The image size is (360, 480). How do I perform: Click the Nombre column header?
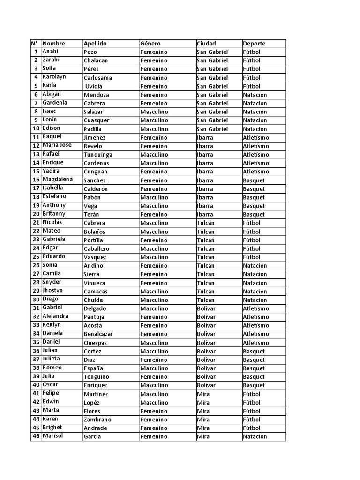(54, 43)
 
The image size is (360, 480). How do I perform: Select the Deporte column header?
(254, 44)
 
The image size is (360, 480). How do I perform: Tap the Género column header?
(150, 44)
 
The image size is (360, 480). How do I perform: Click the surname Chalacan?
(96, 60)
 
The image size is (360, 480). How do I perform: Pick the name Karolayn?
(54, 77)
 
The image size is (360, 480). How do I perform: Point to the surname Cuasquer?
(97, 120)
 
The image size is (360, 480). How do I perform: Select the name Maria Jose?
(57, 145)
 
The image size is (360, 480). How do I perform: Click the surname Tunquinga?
(98, 155)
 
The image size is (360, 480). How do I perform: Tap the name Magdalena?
(58, 180)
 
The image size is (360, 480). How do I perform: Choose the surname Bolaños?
(95, 232)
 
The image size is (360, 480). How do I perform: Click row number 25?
(36, 257)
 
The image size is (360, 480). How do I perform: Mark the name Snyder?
(52, 282)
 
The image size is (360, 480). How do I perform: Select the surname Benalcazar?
(98, 334)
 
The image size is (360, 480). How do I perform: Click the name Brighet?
(52, 427)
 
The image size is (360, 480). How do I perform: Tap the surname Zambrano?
(97, 420)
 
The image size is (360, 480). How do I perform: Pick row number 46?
(36, 436)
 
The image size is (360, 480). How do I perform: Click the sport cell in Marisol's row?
(255, 437)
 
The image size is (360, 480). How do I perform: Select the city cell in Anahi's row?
(212, 52)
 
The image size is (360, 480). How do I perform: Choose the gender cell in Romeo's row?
(154, 368)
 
